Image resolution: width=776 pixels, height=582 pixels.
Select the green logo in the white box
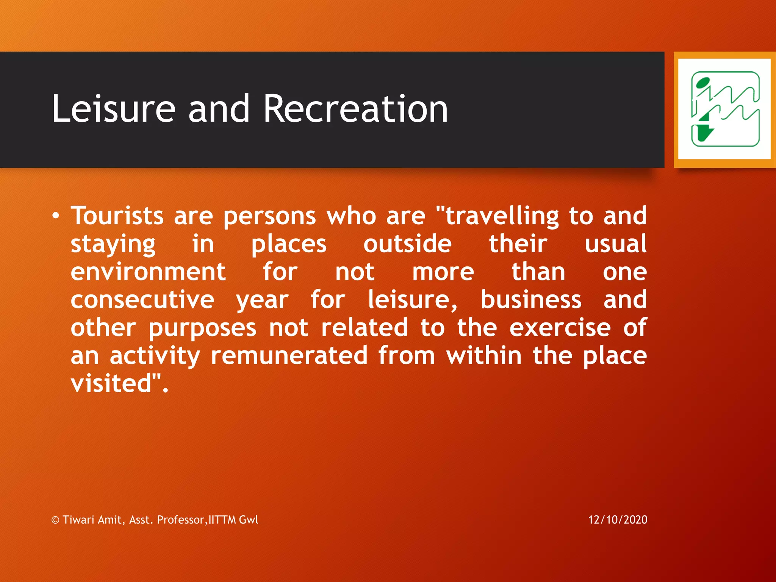(724, 109)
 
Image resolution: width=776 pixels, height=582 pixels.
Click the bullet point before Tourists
(56, 216)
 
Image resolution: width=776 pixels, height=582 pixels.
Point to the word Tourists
(117, 216)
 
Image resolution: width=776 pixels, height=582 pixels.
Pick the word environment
(148, 272)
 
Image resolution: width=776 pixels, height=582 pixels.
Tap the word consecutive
(142, 300)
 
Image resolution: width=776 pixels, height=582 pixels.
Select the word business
(531, 300)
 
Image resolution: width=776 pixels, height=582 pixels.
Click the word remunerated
(289, 356)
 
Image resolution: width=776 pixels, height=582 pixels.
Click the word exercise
(560, 328)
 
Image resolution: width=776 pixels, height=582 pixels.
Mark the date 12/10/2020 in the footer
(618, 519)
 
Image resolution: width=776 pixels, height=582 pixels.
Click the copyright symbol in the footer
(55, 520)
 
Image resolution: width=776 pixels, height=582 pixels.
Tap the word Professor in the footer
(181, 519)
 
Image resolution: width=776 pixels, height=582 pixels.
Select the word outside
(407, 244)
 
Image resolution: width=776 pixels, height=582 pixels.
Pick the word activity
(155, 357)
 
